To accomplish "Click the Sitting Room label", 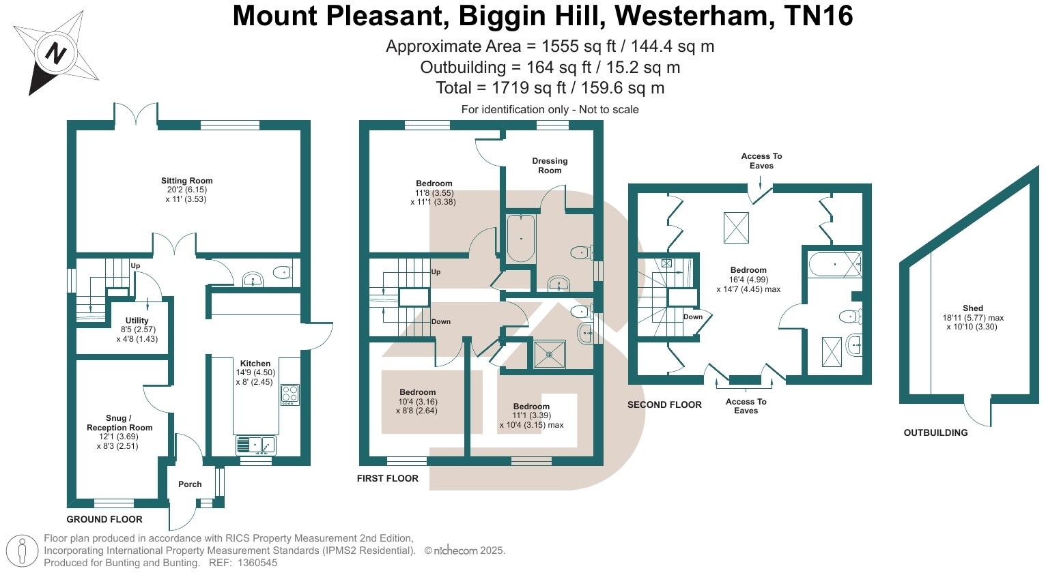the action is pyautogui.click(x=186, y=181).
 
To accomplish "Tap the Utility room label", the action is pyautogui.click(x=137, y=321).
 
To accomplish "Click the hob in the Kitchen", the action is pyautogui.click(x=289, y=395).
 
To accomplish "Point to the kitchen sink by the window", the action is pyautogui.click(x=256, y=446).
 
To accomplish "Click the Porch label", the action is pyautogui.click(x=190, y=484).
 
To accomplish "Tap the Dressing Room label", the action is pyautogui.click(x=550, y=166).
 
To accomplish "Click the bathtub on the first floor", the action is pyautogui.click(x=521, y=238).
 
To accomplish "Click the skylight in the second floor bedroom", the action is pyautogui.click(x=735, y=226).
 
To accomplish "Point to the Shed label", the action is pyautogui.click(x=973, y=308).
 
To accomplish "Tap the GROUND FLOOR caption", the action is pyautogui.click(x=104, y=519).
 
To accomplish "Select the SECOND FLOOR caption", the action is pyautogui.click(x=664, y=405).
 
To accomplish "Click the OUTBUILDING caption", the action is pyautogui.click(x=935, y=432).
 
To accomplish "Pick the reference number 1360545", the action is pyautogui.click(x=254, y=563).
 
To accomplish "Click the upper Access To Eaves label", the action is pyautogui.click(x=761, y=161).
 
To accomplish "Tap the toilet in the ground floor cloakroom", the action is pyautogui.click(x=281, y=272).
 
